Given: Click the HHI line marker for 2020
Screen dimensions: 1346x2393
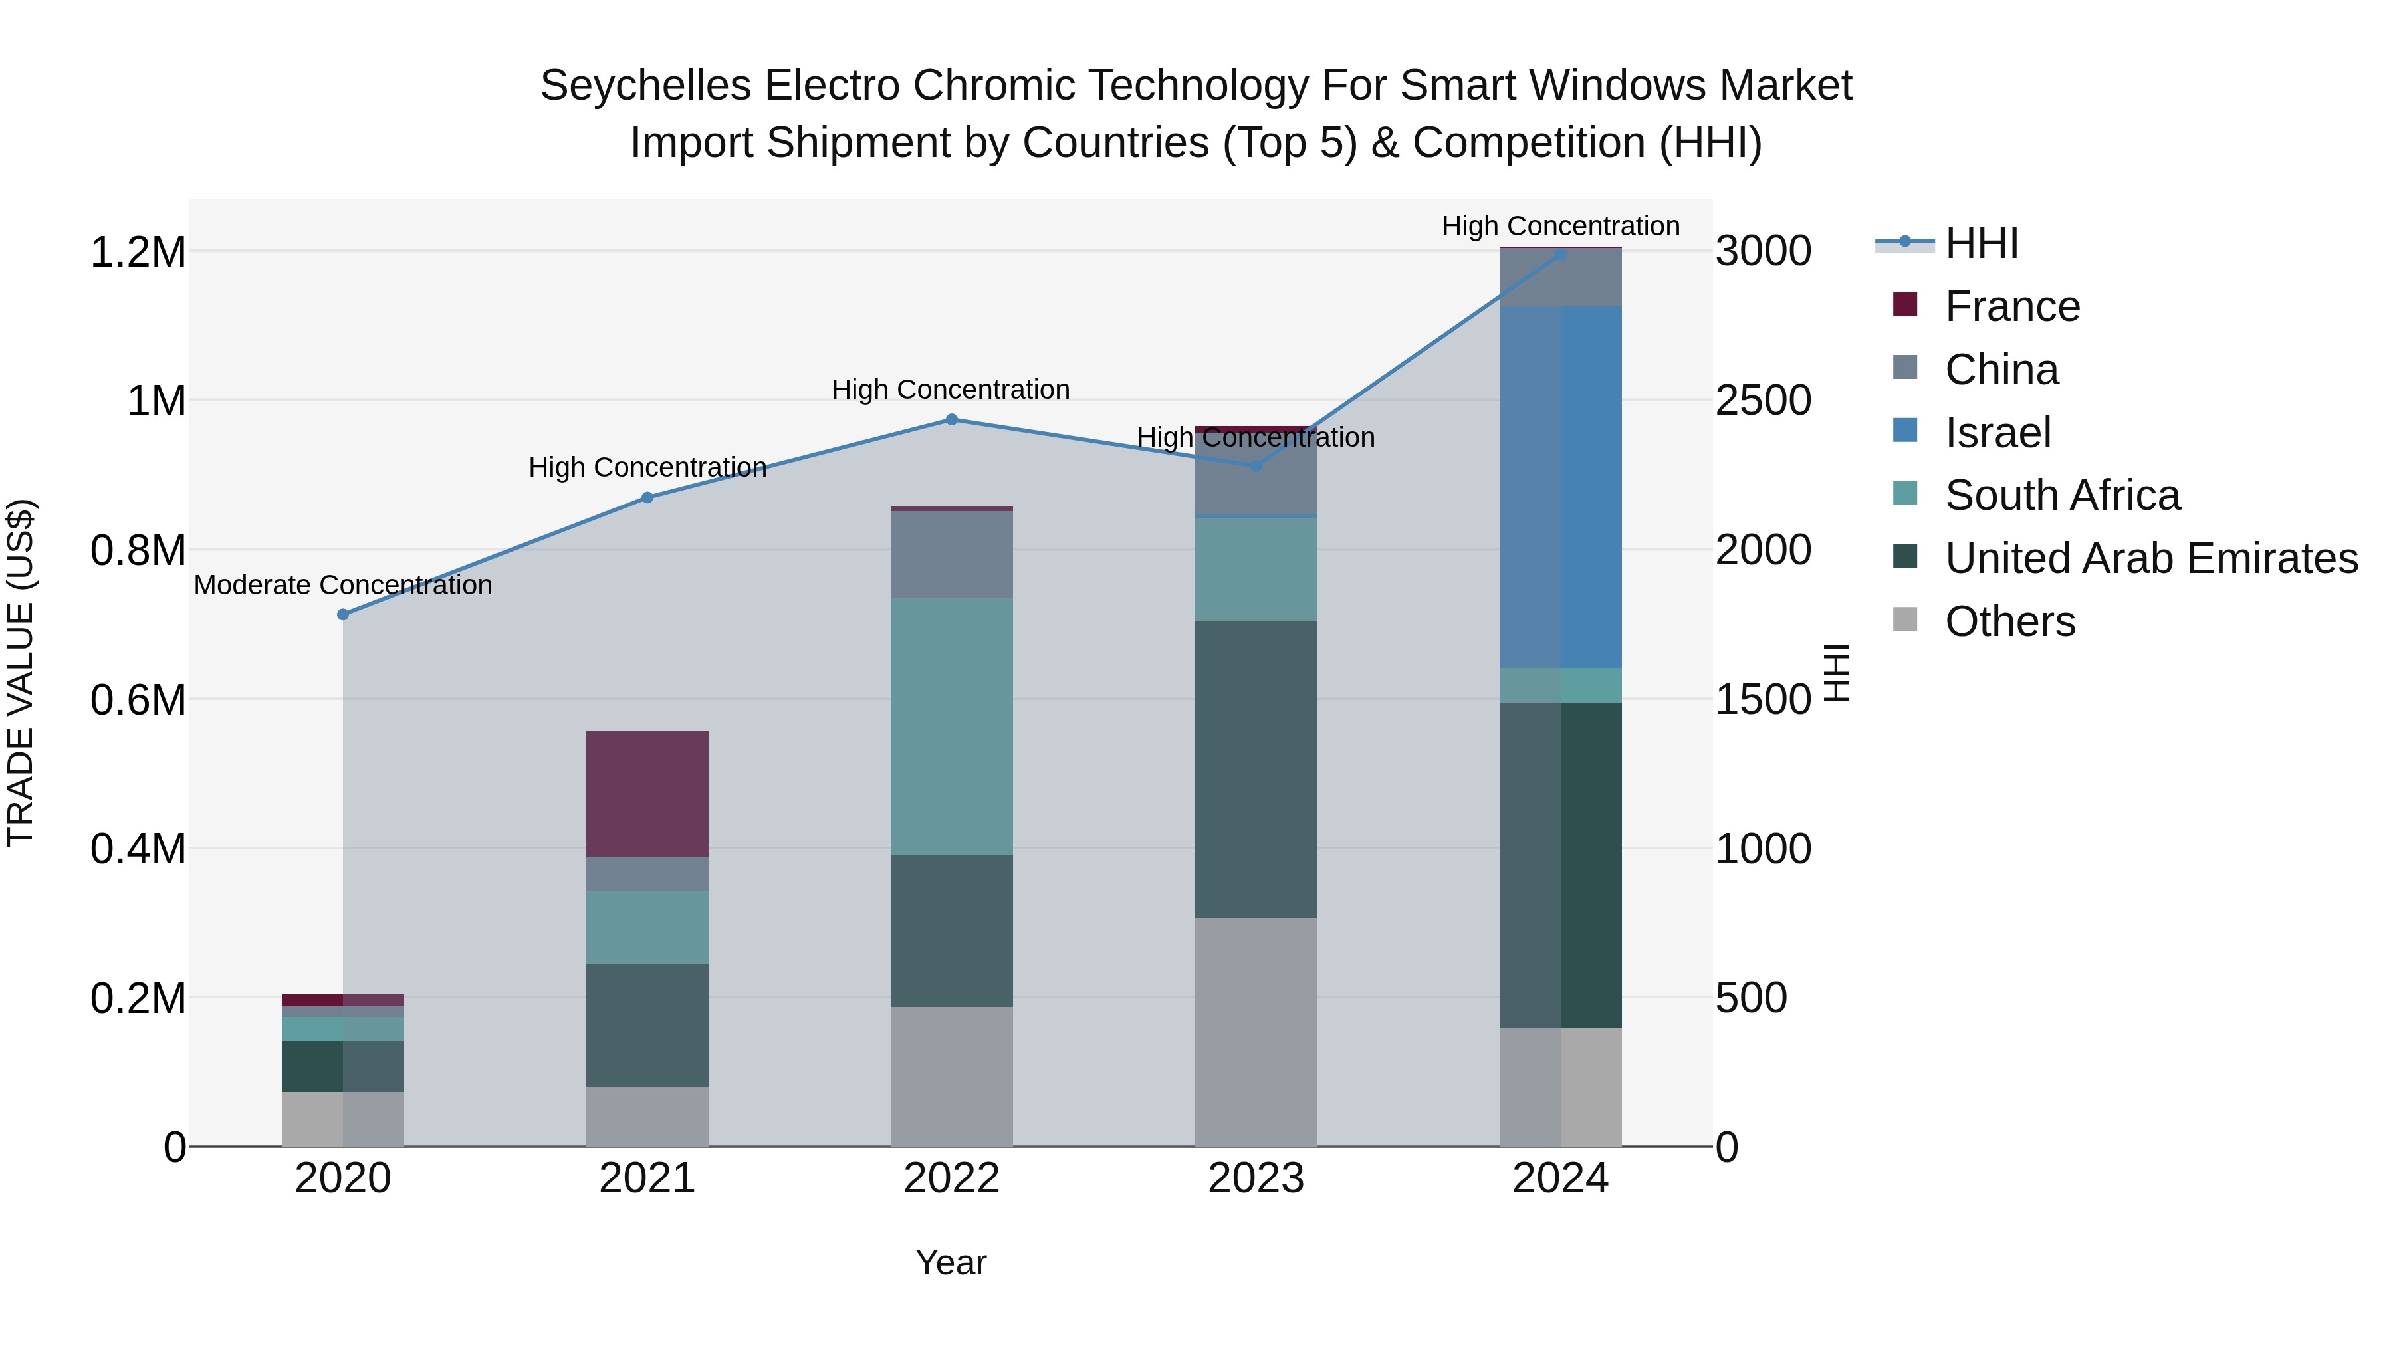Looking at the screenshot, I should pyautogui.click(x=343, y=614).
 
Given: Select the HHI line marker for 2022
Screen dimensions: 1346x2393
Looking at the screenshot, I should pyautogui.click(x=951, y=420).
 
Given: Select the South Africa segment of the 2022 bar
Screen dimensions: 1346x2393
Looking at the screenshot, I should pyautogui.click(x=951, y=727).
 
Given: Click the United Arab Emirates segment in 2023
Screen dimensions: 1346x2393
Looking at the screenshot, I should pyautogui.click(x=1255, y=769).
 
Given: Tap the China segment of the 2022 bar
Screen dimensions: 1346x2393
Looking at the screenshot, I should pyautogui.click(x=951, y=554).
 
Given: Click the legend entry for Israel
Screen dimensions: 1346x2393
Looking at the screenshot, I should pyautogui.click(x=1997, y=433).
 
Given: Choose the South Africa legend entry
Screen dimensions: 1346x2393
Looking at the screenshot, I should pyautogui.click(x=2061, y=495).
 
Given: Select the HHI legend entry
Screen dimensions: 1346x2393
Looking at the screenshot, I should pyautogui.click(x=1981, y=243).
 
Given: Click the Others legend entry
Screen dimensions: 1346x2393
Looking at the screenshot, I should pyautogui.click(x=2009, y=621).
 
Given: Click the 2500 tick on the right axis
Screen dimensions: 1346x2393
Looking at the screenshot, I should pyautogui.click(x=1762, y=401).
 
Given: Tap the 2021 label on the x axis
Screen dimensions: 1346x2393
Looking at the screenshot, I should pyautogui.click(x=647, y=1178).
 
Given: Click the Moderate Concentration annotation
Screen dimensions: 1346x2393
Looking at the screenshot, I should pyautogui.click(x=343, y=585).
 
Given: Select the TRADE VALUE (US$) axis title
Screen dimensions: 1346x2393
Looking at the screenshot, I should pyautogui.click(x=21, y=673).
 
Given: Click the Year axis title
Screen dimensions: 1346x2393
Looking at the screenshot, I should pyautogui.click(x=951, y=1262).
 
